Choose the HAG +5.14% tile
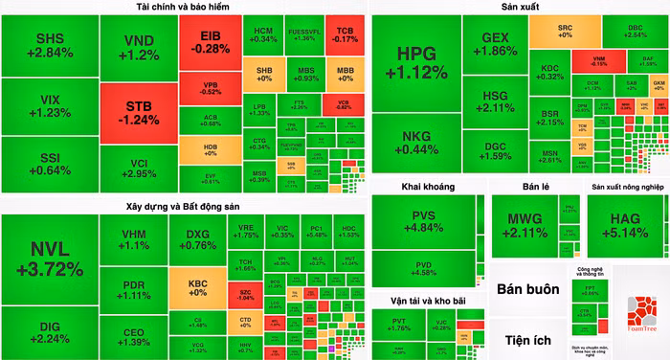tap(629, 224)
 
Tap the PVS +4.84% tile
tap(423, 221)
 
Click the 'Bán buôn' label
tap(529, 289)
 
